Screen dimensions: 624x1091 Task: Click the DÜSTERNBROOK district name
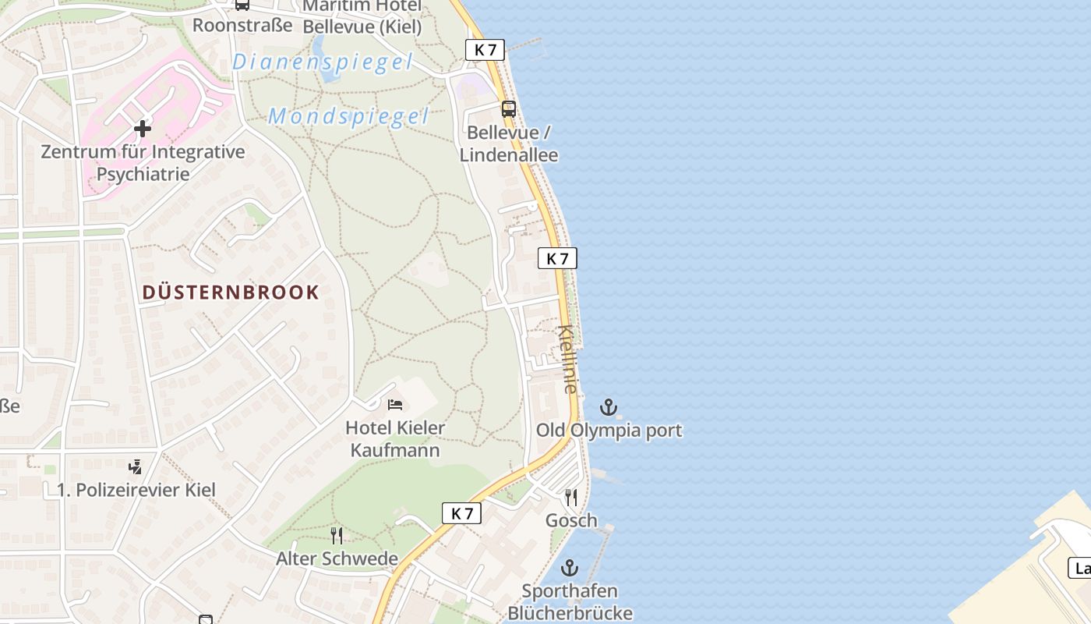point(231,292)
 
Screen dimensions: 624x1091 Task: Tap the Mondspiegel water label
point(348,117)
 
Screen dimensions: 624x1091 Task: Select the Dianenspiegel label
point(322,62)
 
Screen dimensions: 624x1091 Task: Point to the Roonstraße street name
point(242,25)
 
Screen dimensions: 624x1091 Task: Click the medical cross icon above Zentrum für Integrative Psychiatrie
point(143,128)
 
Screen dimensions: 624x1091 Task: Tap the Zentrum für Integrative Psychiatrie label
point(143,162)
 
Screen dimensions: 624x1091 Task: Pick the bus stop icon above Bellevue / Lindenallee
point(509,109)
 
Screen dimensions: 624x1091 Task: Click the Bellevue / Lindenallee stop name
point(509,144)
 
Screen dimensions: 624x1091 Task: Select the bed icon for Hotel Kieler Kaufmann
point(395,405)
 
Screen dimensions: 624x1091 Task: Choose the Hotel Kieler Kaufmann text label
point(396,438)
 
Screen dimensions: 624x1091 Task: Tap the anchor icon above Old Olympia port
point(608,407)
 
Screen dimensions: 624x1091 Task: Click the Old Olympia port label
point(609,431)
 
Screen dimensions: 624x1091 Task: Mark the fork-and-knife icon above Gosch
point(571,498)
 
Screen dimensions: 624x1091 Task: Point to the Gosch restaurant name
point(571,520)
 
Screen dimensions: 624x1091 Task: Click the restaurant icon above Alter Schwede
point(337,536)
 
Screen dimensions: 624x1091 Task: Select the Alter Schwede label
point(337,559)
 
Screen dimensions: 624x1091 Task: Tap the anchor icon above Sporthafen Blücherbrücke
point(570,568)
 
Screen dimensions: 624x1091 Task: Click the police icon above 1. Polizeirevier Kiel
point(136,467)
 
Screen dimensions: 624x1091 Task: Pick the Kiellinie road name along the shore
point(568,359)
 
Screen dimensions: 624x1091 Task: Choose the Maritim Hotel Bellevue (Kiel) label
point(362,16)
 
